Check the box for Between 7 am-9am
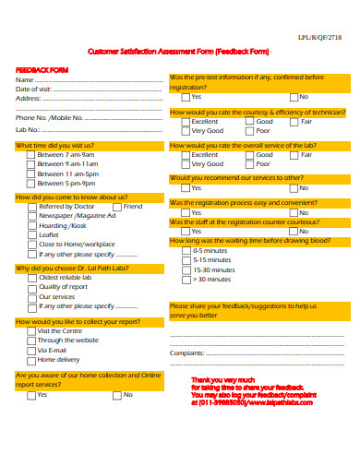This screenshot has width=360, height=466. (31, 155)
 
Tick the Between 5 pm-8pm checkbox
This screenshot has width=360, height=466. (31, 183)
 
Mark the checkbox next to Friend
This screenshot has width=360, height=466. (117, 207)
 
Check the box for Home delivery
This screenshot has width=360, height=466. (32, 360)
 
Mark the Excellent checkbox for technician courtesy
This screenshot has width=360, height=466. (186, 122)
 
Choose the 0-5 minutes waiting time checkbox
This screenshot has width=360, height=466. (186, 250)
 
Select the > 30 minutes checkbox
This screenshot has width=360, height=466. (186, 279)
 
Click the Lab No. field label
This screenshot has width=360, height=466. (29, 130)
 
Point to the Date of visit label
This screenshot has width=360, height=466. (34, 89)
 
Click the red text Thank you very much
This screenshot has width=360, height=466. (222, 379)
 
